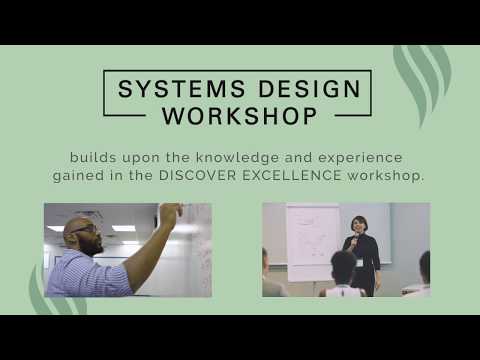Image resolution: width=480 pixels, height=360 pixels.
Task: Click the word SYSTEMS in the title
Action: tap(168, 88)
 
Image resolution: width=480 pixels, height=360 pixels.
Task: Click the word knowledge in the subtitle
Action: tap(225, 157)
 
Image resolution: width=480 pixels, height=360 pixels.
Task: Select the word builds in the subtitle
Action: tap(92, 157)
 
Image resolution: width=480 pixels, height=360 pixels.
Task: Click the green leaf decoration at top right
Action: tap(420, 75)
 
